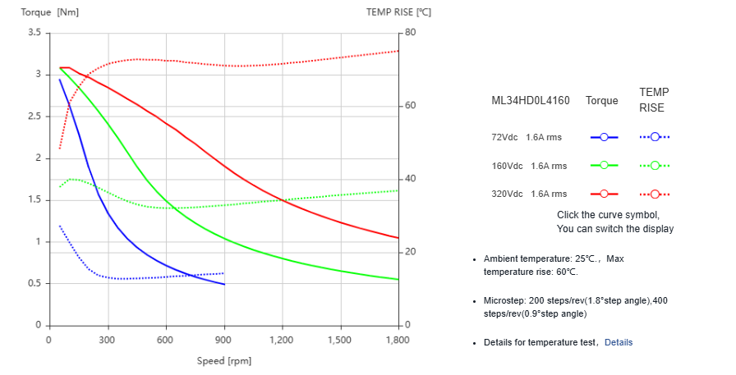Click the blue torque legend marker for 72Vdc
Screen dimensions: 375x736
click(604, 137)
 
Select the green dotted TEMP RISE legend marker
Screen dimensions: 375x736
click(655, 166)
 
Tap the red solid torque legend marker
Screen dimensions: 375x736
click(604, 194)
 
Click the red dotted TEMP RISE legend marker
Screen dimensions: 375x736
click(655, 194)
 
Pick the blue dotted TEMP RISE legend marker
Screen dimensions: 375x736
click(655, 137)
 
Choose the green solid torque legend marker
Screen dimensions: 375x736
click(604, 166)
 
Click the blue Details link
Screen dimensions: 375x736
click(619, 342)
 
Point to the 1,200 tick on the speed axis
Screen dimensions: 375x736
click(282, 340)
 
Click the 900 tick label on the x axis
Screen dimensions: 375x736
click(223, 340)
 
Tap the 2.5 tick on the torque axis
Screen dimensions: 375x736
click(34, 117)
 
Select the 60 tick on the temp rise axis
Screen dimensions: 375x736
click(410, 106)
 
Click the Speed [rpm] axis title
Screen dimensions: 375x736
click(224, 361)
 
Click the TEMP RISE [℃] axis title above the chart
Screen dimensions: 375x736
click(398, 12)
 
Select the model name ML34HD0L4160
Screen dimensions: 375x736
click(530, 101)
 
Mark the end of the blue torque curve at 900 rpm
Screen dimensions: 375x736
click(224, 284)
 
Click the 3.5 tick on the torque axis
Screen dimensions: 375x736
click(34, 33)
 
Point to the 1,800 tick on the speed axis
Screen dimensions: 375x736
click(398, 340)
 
